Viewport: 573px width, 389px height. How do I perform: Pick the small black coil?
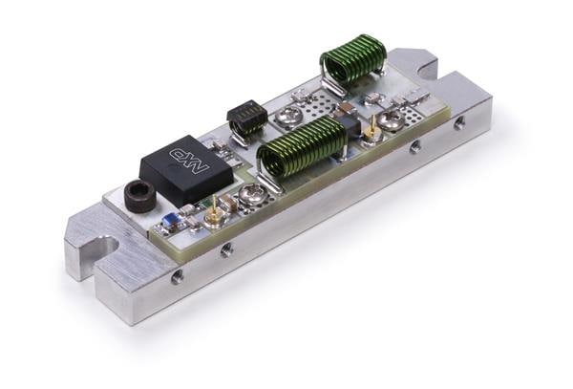(x=247, y=119)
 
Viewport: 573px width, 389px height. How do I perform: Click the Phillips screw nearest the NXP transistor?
(x=252, y=196)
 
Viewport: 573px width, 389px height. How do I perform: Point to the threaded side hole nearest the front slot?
(x=177, y=276)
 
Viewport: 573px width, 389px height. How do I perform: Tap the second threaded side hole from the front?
(x=226, y=250)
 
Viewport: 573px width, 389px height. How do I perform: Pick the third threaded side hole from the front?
(x=414, y=147)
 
